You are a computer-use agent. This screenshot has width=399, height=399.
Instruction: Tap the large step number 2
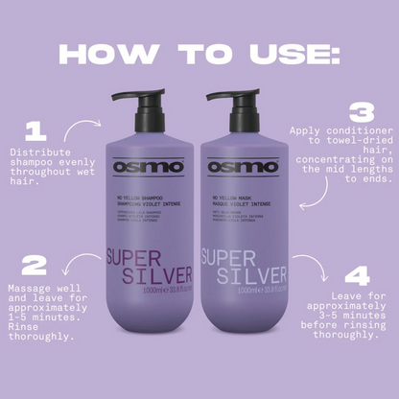(35, 265)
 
